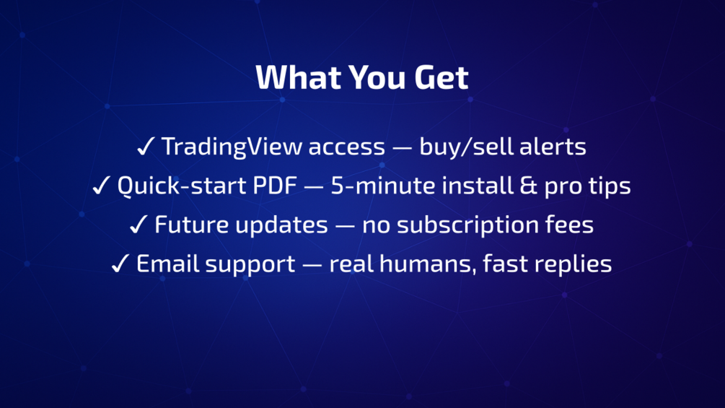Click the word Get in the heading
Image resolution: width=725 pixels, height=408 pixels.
tap(441, 77)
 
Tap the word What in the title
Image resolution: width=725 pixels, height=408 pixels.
tap(298, 77)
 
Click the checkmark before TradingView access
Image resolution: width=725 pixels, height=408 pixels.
tap(145, 147)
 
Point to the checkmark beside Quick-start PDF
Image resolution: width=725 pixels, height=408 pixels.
tap(101, 186)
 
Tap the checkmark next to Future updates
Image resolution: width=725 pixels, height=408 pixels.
tap(139, 225)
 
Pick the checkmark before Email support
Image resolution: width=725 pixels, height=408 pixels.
tap(120, 263)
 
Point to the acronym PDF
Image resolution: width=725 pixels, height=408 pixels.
tap(275, 186)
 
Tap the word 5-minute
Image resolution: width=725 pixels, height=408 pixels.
tap(383, 186)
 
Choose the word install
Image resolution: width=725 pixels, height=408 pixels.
tap(478, 186)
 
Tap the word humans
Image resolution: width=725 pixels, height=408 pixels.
tap(429, 264)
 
